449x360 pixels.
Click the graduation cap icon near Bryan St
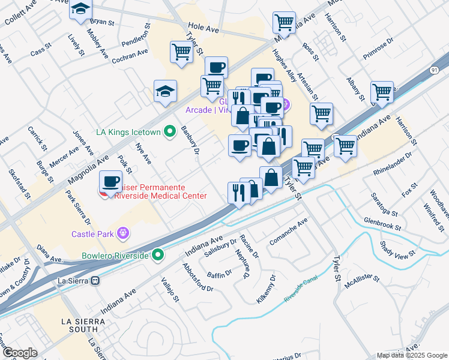coord(80,10)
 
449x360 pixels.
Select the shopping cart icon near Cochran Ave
coord(181,52)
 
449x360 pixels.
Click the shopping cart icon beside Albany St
coord(381,92)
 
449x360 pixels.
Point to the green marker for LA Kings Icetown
coord(169,130)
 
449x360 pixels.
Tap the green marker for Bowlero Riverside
coord(158,256)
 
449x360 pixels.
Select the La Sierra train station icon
coord(94,280)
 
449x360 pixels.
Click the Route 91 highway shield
coord(433,70)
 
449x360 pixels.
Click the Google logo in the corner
coord(20,353)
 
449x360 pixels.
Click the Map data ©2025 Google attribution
coord(411,355)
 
